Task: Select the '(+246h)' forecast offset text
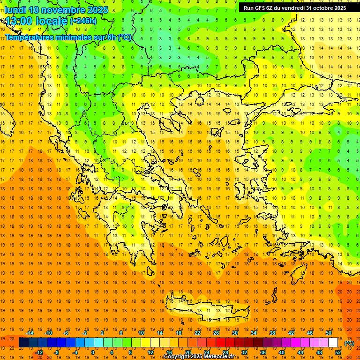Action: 83,21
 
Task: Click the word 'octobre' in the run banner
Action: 322,8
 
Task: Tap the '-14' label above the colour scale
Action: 31,333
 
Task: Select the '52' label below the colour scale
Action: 338,352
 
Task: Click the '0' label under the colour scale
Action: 93,352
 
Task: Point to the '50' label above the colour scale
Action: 329,333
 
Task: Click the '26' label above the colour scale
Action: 216,333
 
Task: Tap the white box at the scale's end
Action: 333,343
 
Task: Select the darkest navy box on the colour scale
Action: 23,343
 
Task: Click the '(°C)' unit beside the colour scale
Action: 349,343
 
